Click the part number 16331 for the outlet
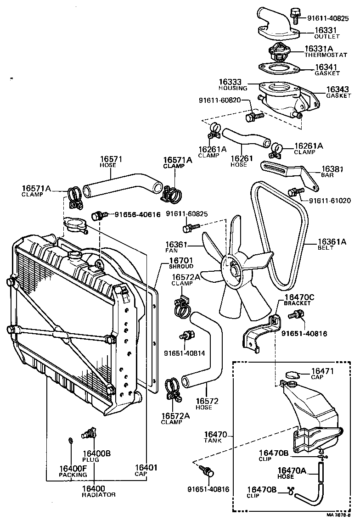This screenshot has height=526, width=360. click(326, 30)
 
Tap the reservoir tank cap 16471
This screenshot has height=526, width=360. click(291, 375)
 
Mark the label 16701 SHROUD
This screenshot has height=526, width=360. click(181, 263)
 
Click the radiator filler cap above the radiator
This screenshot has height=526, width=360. click(75, 225)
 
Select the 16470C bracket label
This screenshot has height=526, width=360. click(299, 300)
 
